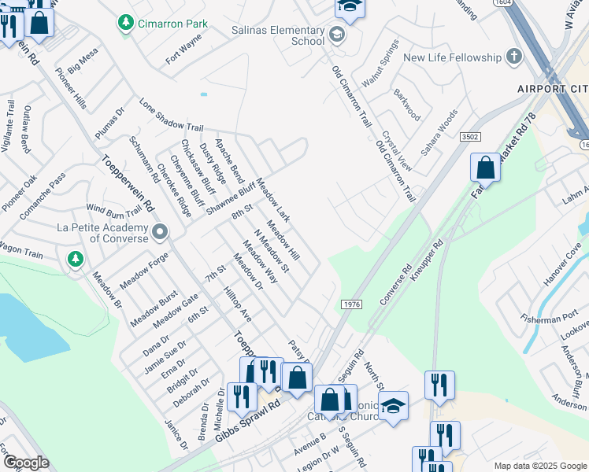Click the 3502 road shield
point(470,137)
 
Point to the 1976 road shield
point(352,304)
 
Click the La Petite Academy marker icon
point(161,232)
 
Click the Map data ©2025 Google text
point(539,466)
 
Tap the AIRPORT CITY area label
point(552,88)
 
